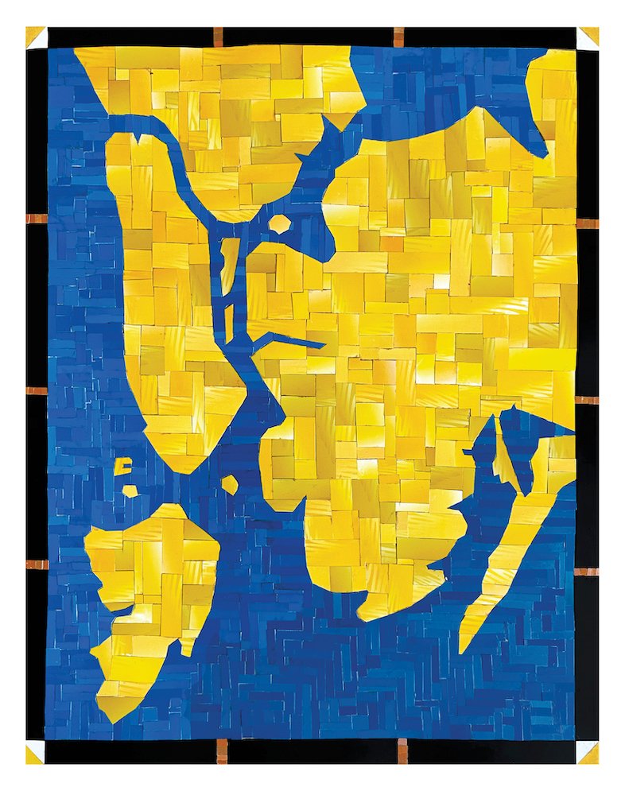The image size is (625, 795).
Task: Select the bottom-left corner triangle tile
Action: tap(36, 753)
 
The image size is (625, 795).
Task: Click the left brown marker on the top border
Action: tap(218, 36)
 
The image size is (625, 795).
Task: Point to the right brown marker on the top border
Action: tap(398, 36)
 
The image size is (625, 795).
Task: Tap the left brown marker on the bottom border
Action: tap(222, 750)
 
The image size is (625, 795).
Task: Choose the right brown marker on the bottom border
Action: tap(402, 750)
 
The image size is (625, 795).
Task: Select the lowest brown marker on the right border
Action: tap(588, 571)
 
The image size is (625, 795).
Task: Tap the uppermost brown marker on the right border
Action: tap(588, 223)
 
